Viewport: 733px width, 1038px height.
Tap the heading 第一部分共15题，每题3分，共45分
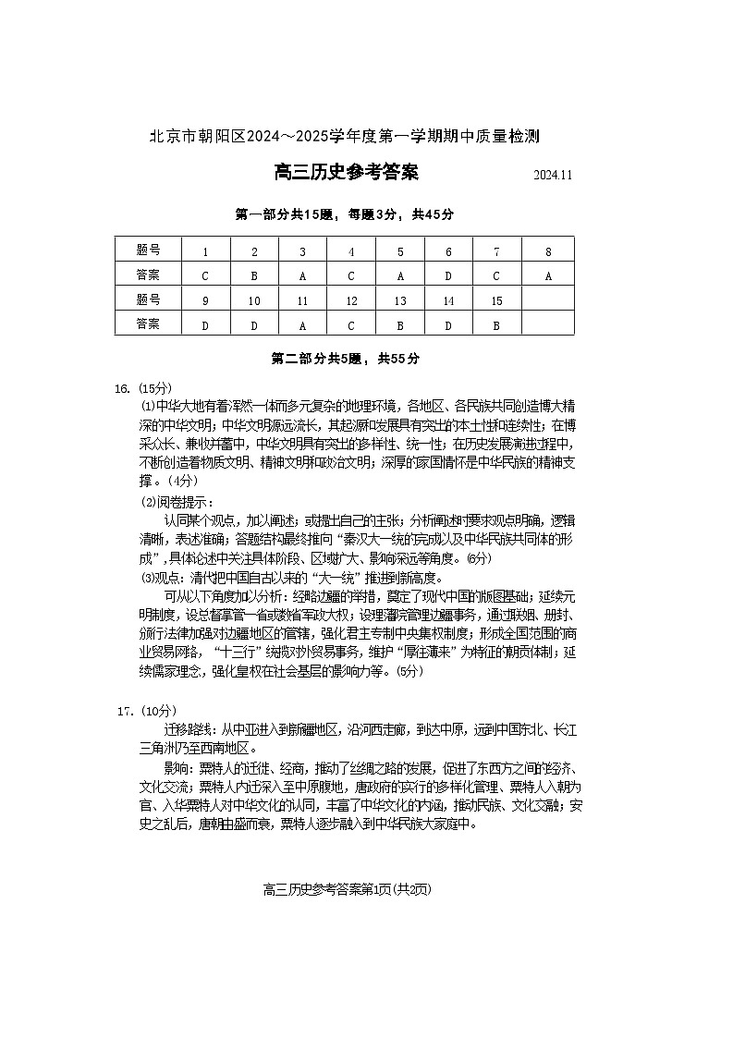pyautogui.click(x=345, y=214)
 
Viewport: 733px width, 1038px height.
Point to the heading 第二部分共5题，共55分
pyautogui.click(x=345, y=359)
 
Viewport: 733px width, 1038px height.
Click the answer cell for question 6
pyautogui.click(x=448, y=275)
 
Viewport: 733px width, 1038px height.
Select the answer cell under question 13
pyautogui.click(x=400, y=324)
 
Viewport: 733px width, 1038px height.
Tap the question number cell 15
pyautogui.click(x=496, y=300)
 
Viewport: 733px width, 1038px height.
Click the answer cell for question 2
pyautogui.click(x=254, y=275)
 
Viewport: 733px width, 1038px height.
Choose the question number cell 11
pyautogui.click(x=302, y=300)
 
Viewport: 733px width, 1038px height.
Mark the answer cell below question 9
pyautogui.click(x=205, y=324)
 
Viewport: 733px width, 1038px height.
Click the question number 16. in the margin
pyautogui.click(x=123, y=388)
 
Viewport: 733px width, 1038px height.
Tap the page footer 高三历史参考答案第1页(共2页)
pyautogui.click(x=348, y=890)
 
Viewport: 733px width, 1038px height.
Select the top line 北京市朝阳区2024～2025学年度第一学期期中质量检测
pyautogui.click(x=345, y=137)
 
